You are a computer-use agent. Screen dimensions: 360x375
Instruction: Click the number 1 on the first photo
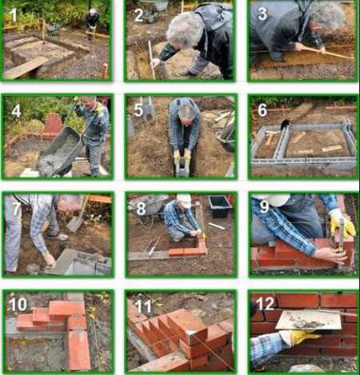pyautogui.click(x=14, y=15)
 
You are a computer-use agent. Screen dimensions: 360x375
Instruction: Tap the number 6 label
pyautogui.click(x=262, y=110)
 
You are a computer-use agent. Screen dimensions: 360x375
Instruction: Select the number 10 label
pyautogui.click(x=18, y=305)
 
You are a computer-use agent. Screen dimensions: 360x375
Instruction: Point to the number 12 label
pyautogui.click(x=265, y=303)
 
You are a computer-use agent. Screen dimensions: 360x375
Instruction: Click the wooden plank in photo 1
pyautogui.click(x=26, y=68)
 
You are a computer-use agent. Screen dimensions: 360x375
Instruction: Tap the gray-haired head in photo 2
pyautogui.click(x=185, y=30)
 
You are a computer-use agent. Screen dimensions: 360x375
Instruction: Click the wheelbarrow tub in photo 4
pyautogui.click(x=60, y=150)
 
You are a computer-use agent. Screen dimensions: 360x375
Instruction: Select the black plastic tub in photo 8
pyautogui.click(x=220, y=206)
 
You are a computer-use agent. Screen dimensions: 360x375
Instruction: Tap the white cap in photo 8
pyautogui.click(x=184, y=200)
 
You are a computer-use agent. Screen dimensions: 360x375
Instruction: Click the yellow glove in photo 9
pyautogui.click(x=342, y=223)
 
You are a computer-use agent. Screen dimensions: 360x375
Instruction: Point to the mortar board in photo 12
pyautogui.click(x=310, y=320)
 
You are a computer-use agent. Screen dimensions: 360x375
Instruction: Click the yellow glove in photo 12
pyautogui.click(x=300, y=337)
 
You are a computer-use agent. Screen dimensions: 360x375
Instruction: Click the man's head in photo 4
pyautogui.click(x=90, y=103)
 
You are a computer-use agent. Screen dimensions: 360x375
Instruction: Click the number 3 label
pyautogui.click(x=262, y=14)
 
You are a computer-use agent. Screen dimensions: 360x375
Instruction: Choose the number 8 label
pyautogui.click(x=141, y=209)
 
